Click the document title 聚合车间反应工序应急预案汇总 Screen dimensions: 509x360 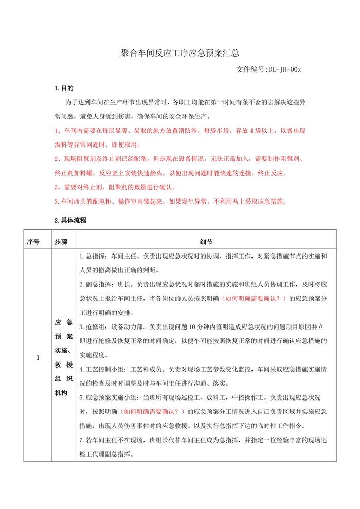pyautogui.click(x=179, y=52)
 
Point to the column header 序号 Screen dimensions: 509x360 pyautogui.click(x=33, y=241)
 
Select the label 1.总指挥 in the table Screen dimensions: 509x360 pyautogui.click(x=91, y=256)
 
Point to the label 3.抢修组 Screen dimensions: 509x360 pyautogui.click(x=92, y=326)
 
